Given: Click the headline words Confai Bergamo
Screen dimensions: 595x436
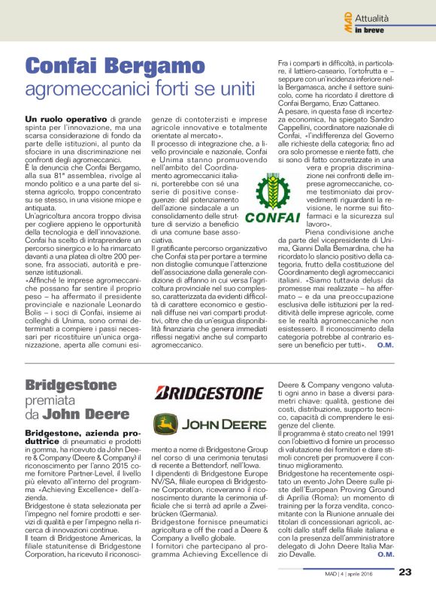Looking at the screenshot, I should pos(109,65).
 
